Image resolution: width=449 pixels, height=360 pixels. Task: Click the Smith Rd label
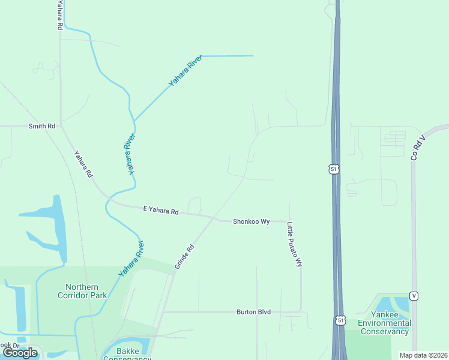point(42,127)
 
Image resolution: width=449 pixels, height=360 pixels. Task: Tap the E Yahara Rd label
point(161,211)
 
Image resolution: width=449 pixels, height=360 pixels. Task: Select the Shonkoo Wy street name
point(251,221)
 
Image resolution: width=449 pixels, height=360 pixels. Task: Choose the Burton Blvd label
point(253,312)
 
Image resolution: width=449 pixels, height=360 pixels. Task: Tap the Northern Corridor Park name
point(82,290)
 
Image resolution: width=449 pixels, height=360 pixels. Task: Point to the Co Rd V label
point(418,146)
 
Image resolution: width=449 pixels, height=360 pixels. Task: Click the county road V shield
point(414,296)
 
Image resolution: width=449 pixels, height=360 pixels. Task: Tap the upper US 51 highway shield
point(334,170)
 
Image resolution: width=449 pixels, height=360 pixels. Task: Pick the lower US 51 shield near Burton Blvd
point(341,321)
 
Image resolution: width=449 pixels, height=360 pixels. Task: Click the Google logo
point(20,353)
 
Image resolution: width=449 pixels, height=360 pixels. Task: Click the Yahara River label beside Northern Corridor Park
point(131,259)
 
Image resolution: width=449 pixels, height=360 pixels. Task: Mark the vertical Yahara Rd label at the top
point(59,16)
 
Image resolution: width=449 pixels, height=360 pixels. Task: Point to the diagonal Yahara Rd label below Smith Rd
point(83,164)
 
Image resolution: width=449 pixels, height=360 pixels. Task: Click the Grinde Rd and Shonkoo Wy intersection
point(214,218)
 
